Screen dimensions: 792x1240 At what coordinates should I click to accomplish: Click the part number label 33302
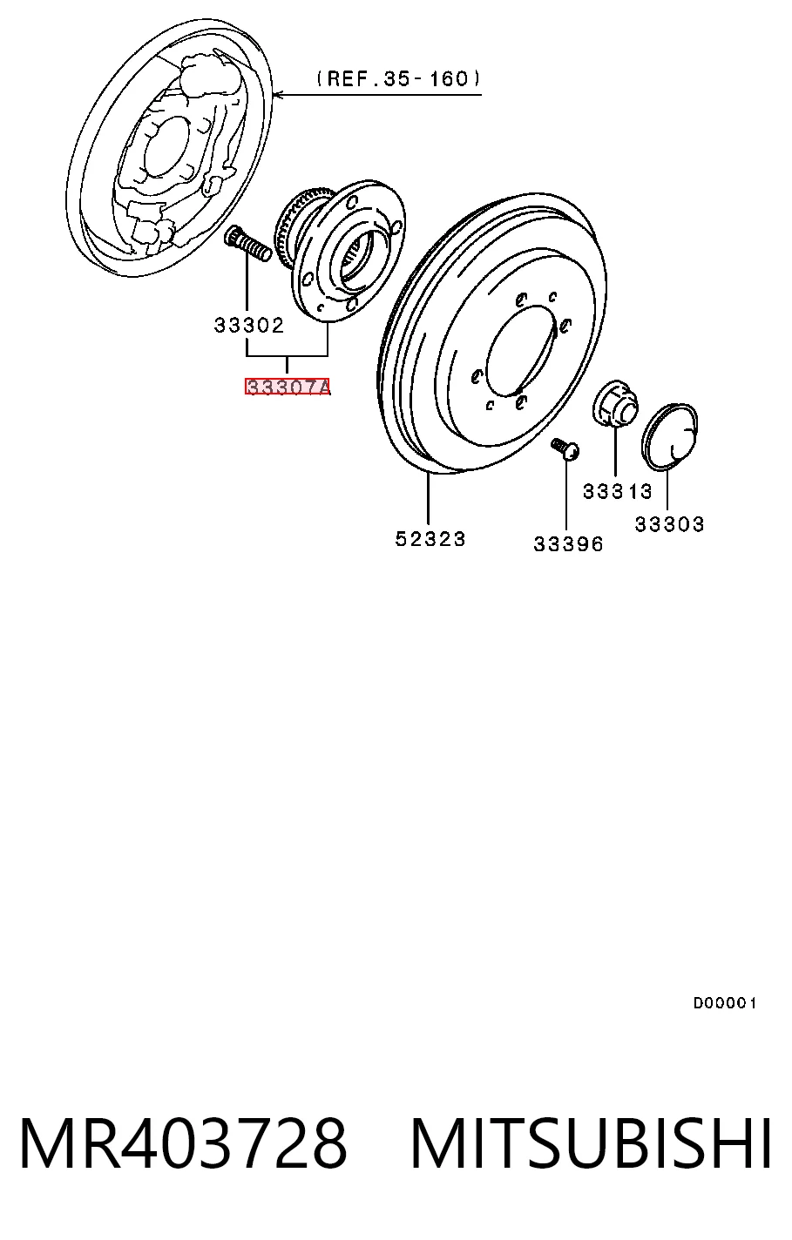point(248,325)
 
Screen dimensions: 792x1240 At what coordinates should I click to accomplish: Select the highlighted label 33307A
point(288,387)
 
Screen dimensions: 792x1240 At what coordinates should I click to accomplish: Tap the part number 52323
point(430,538)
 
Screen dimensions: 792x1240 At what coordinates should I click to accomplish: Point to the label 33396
point(568,544)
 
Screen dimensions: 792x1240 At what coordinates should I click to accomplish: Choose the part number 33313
point(618,491)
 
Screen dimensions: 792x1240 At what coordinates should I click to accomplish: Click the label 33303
point(669,523)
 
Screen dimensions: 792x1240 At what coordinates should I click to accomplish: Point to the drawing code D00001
point(724,1002)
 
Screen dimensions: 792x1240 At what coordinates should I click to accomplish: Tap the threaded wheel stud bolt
point(247,244)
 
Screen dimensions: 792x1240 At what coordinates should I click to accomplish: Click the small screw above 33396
point(565,449)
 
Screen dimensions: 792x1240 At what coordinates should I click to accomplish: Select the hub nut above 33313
point(615,404)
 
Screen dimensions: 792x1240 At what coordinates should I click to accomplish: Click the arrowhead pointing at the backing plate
point(280,95)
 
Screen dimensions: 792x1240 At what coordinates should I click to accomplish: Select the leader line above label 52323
point(428,498)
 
